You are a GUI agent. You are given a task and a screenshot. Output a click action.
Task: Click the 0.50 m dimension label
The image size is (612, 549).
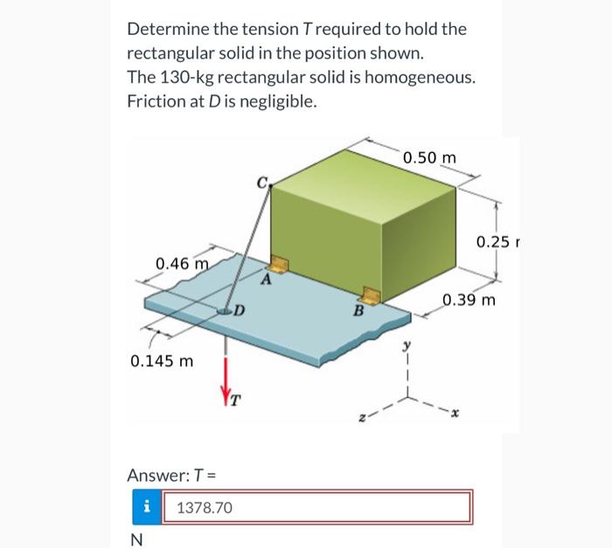click(430, 157)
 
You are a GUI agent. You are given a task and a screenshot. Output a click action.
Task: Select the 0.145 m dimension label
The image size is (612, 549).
click(161, 360)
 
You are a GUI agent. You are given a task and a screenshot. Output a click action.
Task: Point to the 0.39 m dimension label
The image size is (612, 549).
click(469, 302)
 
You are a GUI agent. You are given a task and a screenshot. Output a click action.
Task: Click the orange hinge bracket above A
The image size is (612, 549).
click(280, 263)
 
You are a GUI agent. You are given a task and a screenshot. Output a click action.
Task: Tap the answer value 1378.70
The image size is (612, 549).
click(205, 507)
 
